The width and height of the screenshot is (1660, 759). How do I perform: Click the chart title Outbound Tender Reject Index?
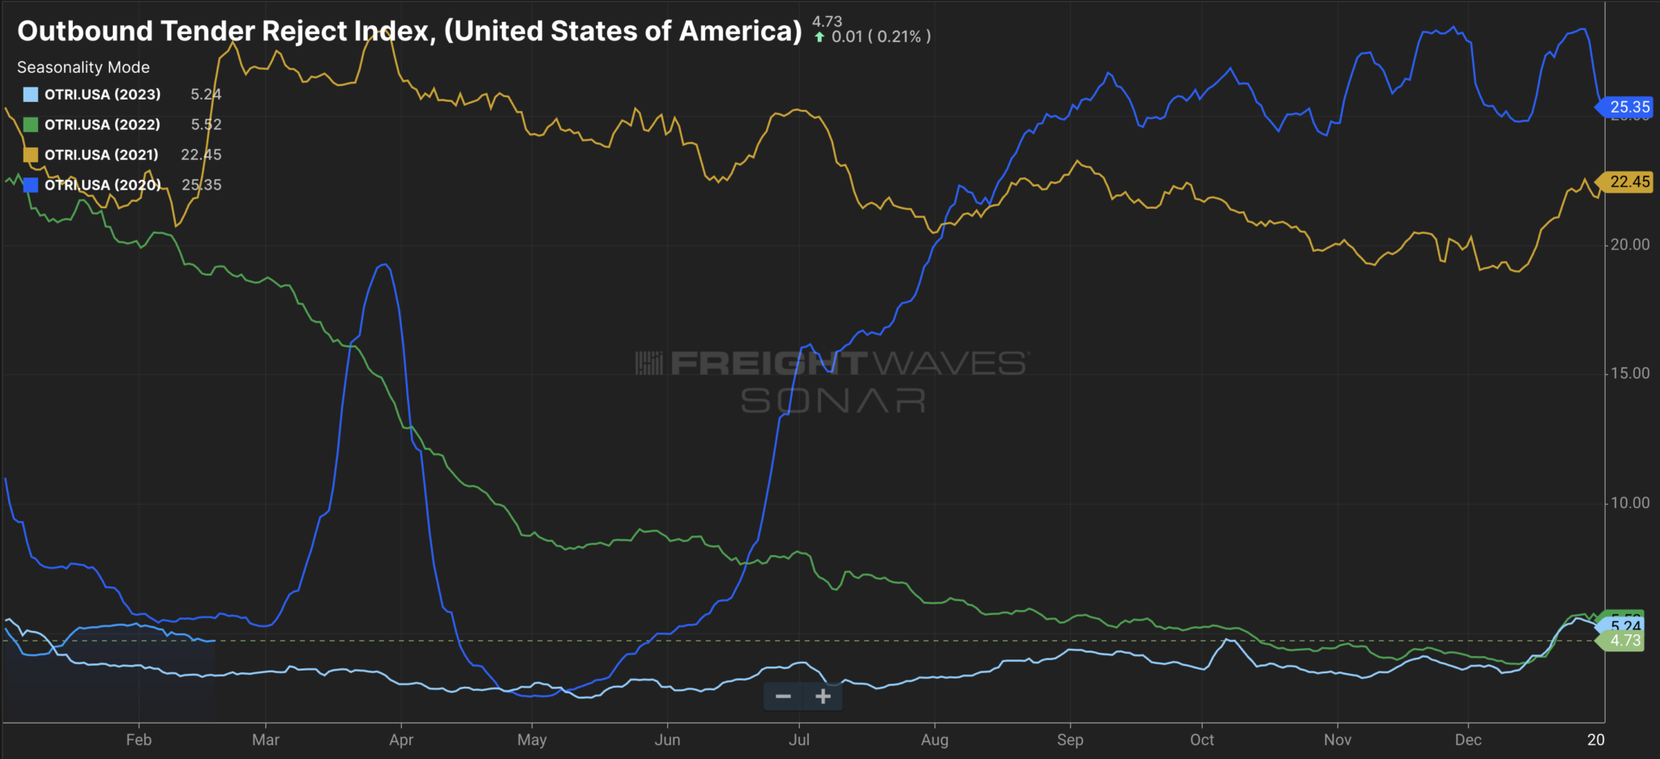[409, 31]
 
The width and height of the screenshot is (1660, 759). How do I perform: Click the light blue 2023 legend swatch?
[31, 95]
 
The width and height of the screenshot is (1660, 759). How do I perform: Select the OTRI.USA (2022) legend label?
[102, 125]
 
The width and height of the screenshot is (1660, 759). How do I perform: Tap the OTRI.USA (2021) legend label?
[101, 155]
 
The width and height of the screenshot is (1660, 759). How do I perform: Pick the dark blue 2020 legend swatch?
[31, 185]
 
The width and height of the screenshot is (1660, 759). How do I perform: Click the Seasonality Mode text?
[83, 67]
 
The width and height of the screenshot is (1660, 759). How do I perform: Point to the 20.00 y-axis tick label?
[1629, 245]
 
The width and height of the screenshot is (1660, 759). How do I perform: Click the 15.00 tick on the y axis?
[1629, 373]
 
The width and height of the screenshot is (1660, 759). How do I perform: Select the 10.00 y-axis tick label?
[1629, 503]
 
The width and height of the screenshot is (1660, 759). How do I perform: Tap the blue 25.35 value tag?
[1628, 107]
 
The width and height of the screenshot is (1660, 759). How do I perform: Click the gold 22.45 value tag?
[1628, 181]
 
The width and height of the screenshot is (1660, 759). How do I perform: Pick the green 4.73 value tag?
[1624, 641]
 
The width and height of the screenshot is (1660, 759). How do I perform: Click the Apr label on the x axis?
[401, 740]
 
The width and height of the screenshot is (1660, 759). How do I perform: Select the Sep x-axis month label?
[1070, 740]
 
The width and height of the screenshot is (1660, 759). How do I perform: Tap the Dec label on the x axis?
[1468, 740]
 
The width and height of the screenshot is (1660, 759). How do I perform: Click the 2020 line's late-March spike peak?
[386, 265]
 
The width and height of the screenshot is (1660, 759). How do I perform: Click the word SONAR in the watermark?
[833, 400]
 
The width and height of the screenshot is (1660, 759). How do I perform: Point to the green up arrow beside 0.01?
[819, 37]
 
